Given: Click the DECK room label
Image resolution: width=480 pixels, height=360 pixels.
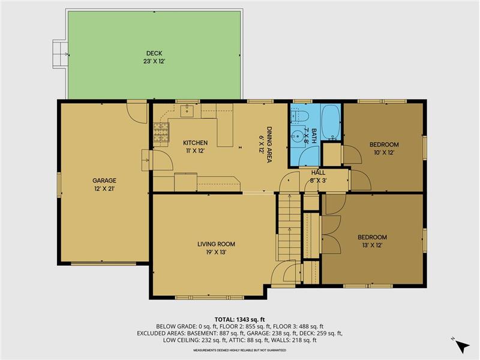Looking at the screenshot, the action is coord(154,53).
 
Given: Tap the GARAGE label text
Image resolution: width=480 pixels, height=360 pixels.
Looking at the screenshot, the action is coord(104,181).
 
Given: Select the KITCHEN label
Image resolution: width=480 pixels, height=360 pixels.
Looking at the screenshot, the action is coord(196,143).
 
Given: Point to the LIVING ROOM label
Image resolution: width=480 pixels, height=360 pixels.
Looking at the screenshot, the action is coord(216,244).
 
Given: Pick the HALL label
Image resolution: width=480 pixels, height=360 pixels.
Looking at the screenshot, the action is coord(318,173).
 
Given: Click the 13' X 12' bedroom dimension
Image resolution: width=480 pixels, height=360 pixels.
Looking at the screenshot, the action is coord(372,245).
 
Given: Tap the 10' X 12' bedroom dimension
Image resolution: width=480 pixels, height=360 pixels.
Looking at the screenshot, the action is coord(384,152).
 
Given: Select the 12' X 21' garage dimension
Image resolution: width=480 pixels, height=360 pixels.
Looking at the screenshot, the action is coord(104,189).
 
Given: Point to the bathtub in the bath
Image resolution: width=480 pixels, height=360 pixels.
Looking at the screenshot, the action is coord(331,122).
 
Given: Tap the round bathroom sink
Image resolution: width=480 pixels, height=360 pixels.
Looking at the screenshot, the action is coord(297,134).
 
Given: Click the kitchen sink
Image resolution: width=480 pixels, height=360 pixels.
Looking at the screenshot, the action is coord(187,111).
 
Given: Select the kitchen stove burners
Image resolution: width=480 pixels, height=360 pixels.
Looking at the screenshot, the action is coord(161,132).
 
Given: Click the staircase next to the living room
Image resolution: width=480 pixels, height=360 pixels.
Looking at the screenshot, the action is coord(289,227).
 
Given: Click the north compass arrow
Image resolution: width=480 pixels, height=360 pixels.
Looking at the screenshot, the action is coord(462,346).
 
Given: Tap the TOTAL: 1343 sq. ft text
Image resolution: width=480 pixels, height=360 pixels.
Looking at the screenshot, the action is coord(239,320).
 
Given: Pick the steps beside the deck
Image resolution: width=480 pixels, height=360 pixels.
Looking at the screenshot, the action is coord(60,54).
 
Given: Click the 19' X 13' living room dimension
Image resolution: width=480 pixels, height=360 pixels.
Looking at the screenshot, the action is coord(216,253).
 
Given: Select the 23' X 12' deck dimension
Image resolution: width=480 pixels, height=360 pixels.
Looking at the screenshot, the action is coord(154,62).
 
